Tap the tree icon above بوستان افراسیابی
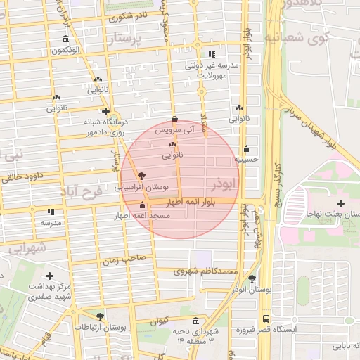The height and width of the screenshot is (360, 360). point(141,176)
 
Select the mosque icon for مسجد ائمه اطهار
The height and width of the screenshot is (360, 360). point(142,205)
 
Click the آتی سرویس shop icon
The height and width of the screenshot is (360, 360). point(174,120)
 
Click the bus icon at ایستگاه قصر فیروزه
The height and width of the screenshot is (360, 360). point(266,317)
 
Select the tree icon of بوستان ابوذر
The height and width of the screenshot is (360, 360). point(252,278)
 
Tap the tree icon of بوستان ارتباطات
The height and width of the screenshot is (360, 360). point(101,317)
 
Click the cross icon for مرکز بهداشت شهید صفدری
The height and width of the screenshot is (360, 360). point(49,276)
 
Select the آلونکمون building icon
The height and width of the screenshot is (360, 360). point(65,39)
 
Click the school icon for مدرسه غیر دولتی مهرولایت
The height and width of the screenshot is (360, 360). point(212,54)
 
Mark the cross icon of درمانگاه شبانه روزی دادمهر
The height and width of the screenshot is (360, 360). point(105,111)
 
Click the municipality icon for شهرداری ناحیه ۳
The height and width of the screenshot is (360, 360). point(195,319)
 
